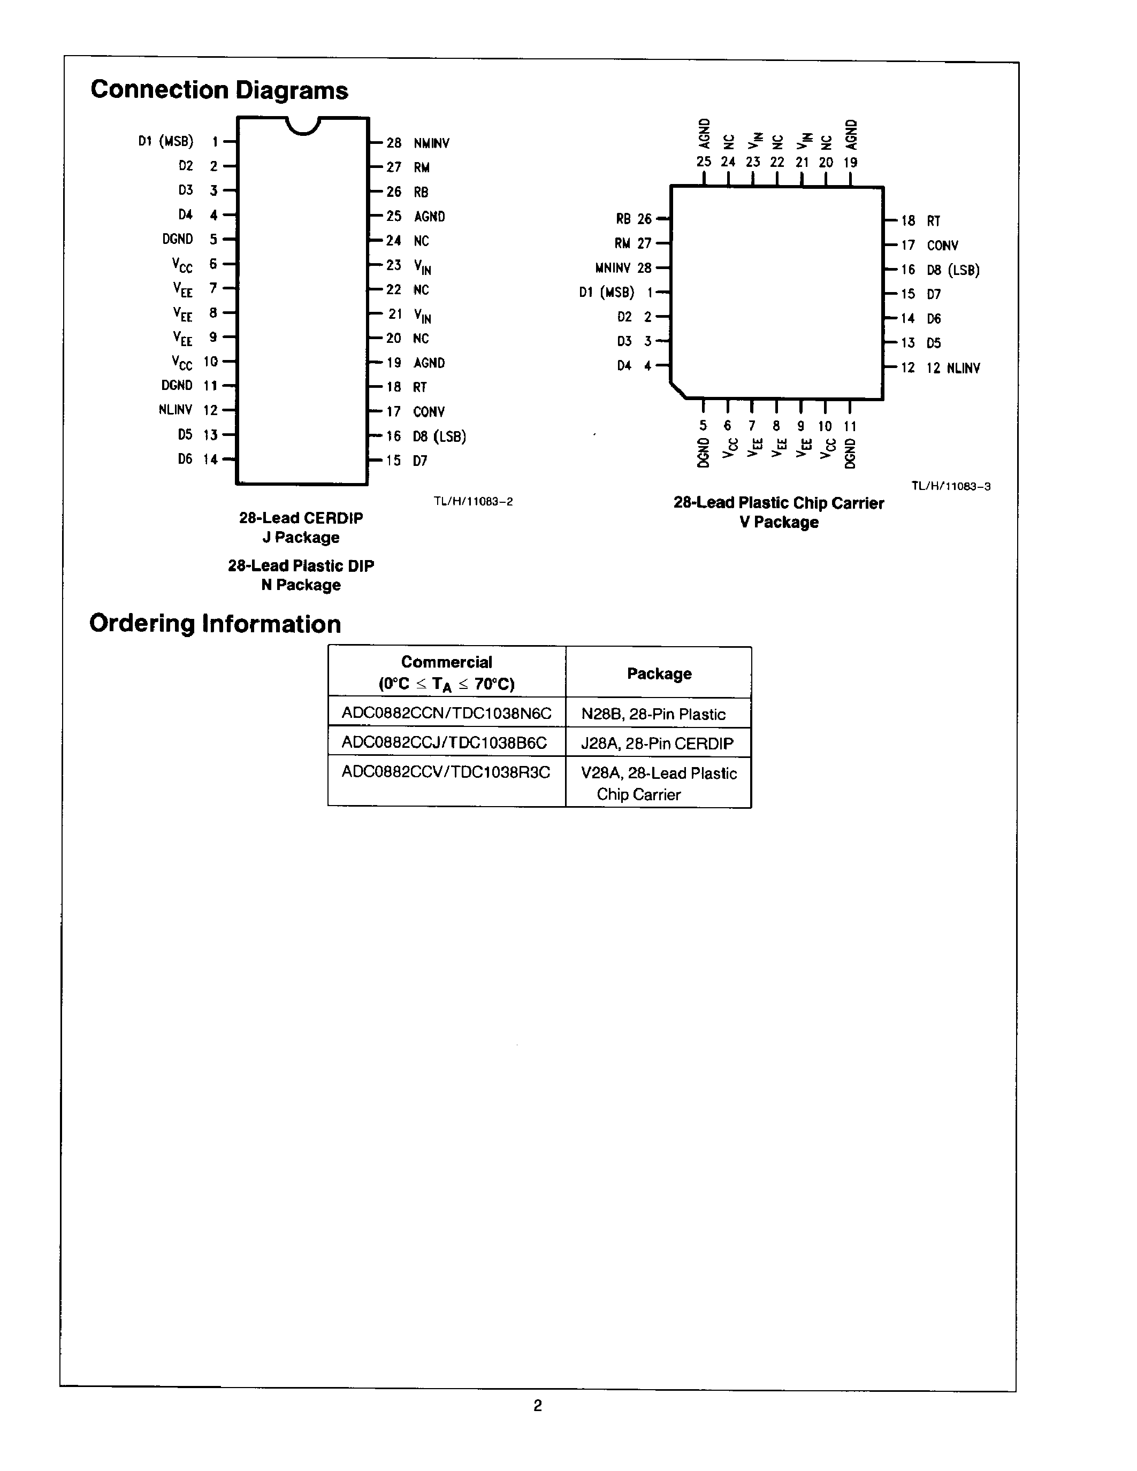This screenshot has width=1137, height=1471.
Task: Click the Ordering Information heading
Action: tap(215, 624)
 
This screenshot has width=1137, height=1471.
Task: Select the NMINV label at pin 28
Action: tap(431, 143)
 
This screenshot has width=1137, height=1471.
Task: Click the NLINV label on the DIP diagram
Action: tap(175, 410)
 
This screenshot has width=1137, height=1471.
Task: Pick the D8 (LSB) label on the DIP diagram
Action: tap(439, 436)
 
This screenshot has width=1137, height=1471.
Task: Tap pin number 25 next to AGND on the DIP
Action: tap(393, 216)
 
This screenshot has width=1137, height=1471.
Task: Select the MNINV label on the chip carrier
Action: tap(613, 268)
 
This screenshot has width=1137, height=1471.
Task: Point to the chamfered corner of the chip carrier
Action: tap(677, 390)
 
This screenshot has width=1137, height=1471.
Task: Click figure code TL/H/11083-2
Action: tap(473, 502)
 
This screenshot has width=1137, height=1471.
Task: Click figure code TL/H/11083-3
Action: tap(950, 486)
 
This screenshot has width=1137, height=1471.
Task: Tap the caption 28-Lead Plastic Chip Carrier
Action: tap(779, 503)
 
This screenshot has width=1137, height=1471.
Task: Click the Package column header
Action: tap(659, 673)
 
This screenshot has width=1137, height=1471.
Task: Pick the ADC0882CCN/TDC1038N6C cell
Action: tap(446, 713)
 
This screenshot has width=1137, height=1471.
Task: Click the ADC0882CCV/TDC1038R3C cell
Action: tap(446, 772)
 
